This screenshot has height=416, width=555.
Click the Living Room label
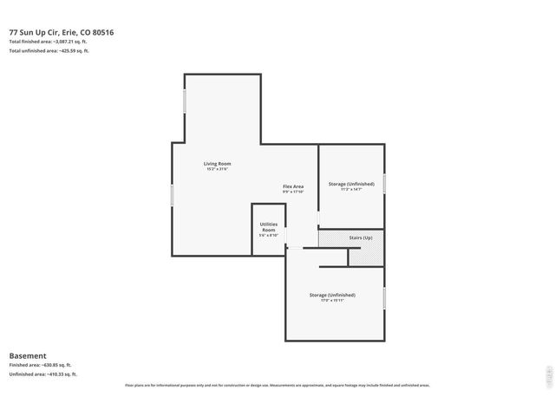(218, 163)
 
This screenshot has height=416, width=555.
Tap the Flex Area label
(293, 186)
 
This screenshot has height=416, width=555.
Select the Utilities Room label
(269, 227)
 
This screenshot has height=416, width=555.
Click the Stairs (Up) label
(361, 237)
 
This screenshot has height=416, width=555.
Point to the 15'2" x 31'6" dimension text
(218, 169)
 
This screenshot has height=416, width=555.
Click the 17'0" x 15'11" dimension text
(332, 301)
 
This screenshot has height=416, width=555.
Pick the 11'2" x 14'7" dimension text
(351, 189)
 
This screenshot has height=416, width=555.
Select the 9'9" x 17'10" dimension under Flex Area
(293, 192)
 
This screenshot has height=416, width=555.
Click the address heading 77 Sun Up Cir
(61, 32)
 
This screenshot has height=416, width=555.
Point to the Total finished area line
(49, 42)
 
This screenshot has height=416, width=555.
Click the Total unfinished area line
(49, 51)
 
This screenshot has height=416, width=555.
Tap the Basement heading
(27, 355)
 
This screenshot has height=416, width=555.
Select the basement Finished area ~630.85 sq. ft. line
(40, 365)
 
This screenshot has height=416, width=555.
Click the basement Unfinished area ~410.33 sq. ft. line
(42, 374)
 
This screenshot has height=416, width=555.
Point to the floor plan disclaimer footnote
(277, 385)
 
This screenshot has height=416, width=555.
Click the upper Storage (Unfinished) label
(351, 184)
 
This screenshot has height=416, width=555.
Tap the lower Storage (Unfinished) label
(332, 295)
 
